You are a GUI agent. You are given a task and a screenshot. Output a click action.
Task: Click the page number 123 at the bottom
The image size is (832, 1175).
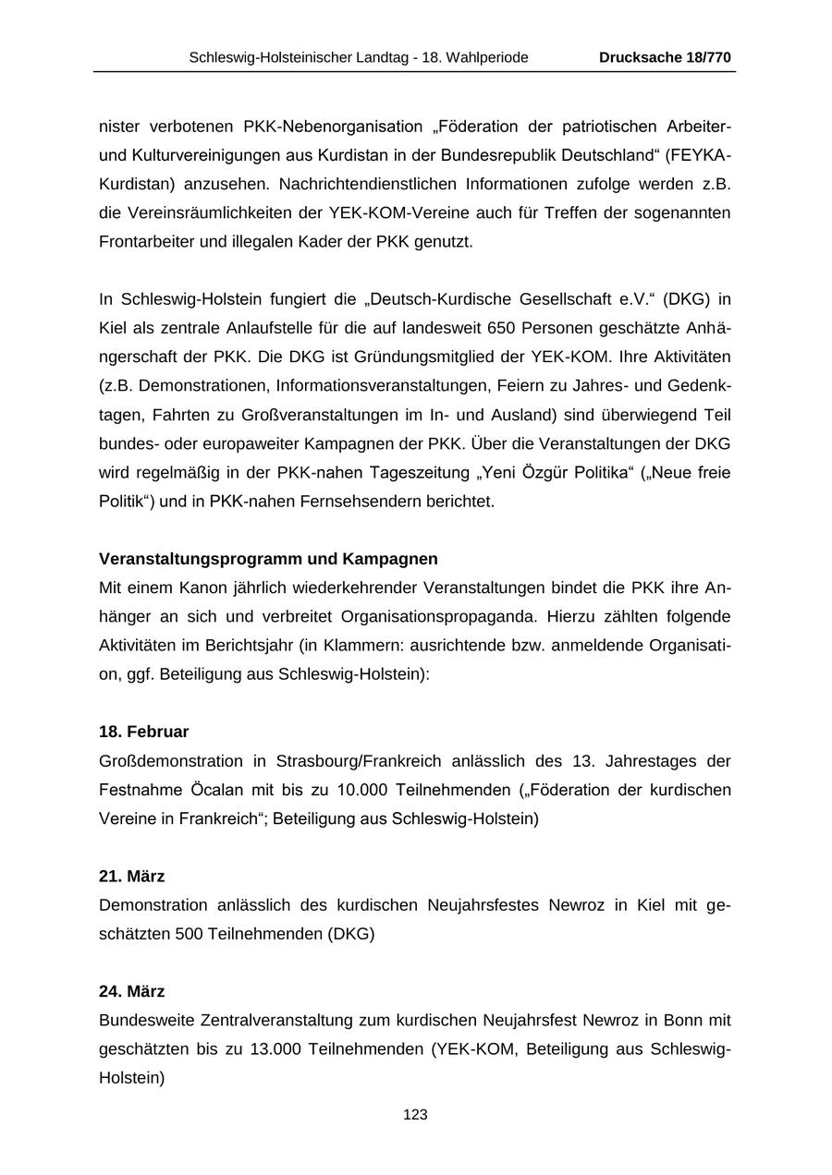coord(415,1115)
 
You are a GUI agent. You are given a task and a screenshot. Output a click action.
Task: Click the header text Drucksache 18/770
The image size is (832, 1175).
coord(665,57)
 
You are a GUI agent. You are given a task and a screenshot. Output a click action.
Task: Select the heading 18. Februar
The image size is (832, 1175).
coord(143,732)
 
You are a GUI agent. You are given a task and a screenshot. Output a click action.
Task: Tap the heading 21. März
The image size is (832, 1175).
coord(131,876)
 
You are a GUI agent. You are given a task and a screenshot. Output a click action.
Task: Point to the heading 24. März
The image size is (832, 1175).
coord(131,991)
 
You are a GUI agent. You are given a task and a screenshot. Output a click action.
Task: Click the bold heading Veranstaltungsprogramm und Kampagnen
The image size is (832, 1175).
coord(268,559)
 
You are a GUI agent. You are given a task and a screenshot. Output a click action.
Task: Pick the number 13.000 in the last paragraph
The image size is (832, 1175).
coord(275,1049)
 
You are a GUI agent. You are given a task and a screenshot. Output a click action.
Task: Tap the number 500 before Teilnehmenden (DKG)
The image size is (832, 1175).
coord(189,934)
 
